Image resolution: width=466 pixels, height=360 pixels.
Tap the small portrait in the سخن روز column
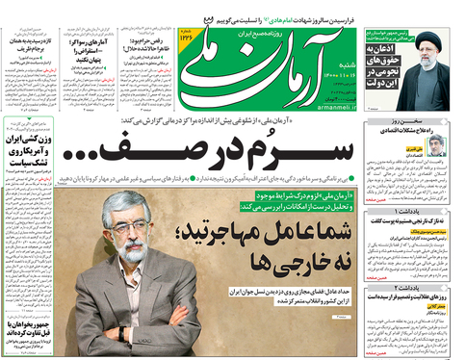[438, 145]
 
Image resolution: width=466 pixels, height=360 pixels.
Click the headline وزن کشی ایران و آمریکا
[32, 144]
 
